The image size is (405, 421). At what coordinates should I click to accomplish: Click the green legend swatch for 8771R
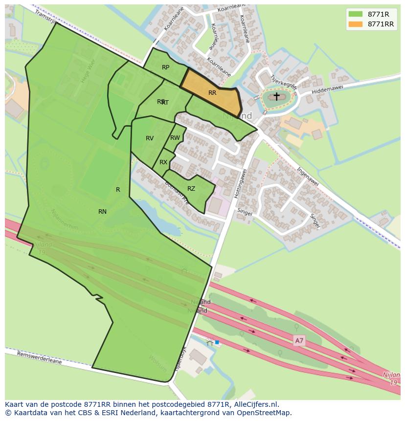click(356, 14)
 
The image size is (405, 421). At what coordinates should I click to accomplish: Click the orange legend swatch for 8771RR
click(356, 24)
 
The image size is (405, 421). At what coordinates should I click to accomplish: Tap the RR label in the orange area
click(212, 93)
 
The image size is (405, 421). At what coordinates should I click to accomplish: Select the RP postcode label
click(165, 67)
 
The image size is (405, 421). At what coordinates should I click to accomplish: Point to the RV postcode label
click(150, 138)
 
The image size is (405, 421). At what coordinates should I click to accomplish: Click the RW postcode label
click(175, 138)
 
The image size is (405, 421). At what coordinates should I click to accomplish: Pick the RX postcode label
click(163, 162)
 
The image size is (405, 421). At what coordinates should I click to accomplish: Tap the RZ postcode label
click(191, 189)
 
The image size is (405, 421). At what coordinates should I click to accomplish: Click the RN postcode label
click(102, 212)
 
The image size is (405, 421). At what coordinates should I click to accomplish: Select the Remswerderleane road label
click(40, 358)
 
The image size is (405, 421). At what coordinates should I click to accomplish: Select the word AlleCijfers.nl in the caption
click(255, 404)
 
